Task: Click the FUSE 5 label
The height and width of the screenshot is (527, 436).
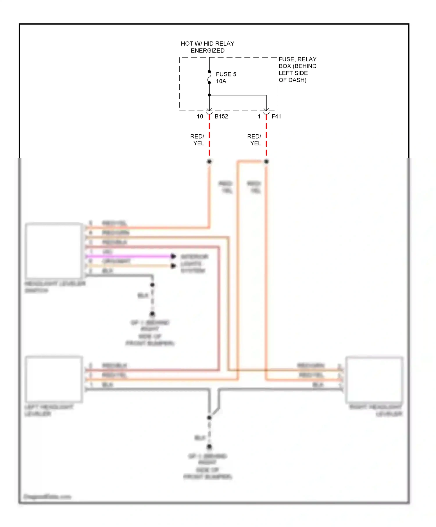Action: tap(226, 74)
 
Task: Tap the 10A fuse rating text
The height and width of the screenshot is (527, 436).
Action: tap(221, 81)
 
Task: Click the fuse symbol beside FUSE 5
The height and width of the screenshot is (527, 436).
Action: tap(209, 77)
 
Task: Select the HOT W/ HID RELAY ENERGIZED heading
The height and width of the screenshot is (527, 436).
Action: tap(208, 47)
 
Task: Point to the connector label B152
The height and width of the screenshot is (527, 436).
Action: tap(221, 116)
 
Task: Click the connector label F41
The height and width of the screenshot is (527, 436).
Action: tap(276, 116)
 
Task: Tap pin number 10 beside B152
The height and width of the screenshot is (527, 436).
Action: tap(200, 116)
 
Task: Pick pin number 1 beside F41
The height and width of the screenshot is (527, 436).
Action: tap(259, 116)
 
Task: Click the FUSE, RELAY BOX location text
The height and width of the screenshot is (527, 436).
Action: tap(297, 70)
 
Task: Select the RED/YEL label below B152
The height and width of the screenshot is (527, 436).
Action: tap(198, 140)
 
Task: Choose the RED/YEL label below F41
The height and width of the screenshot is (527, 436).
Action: tap(255, 140)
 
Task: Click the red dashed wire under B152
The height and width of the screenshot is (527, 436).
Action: tap(209, 137)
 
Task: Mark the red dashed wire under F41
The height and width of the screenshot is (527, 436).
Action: tap(266, 137)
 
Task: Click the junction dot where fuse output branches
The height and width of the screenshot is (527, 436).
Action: tap(209, 95)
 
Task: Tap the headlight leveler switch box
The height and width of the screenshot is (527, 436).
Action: tap(54, 250)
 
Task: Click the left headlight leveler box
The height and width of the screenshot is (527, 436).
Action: tap(54, 379)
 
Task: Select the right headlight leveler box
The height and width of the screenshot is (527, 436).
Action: tap(374, 379)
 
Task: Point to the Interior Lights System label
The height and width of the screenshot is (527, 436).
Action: tap(194, 263)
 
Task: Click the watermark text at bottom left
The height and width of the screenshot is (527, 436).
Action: tap(47, 496)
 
